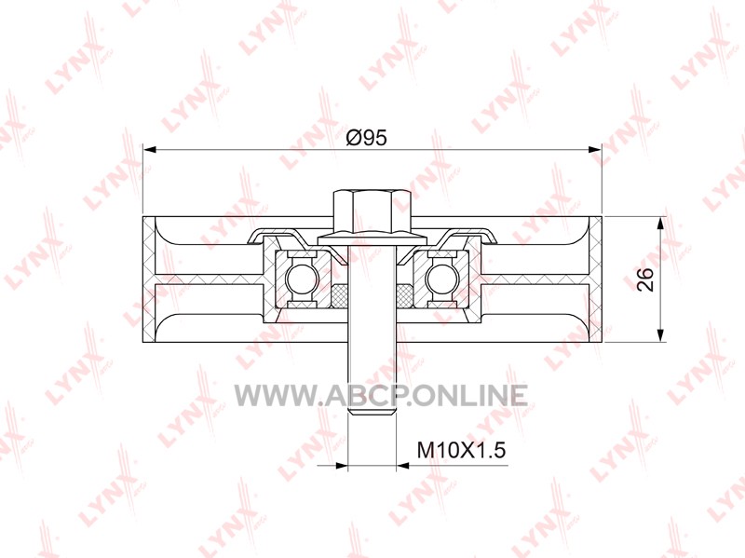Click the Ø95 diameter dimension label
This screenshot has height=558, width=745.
tap(367, 138)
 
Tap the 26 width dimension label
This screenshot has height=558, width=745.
tap(645, 279)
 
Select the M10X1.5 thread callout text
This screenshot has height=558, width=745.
tap(461, 450)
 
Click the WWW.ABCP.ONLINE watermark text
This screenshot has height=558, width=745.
tap(381, 396)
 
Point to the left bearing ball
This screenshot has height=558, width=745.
tap(299, 279)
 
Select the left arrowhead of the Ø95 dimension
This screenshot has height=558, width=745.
tap(149, 150)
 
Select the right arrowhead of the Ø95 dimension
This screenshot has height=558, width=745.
tap(595, 150)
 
